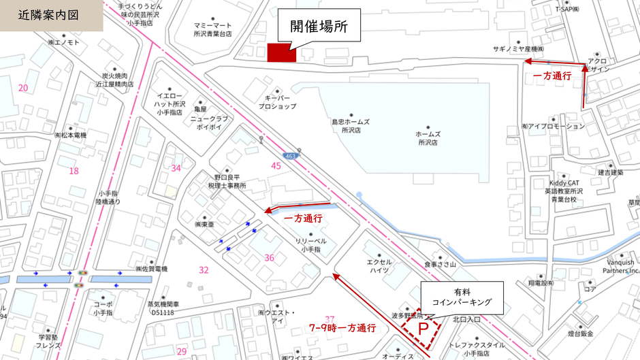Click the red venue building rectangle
(281, 52)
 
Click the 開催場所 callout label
(319, 28)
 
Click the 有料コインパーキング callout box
(462, 297)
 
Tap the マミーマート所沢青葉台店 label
(213, 28)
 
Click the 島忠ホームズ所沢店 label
(351, 125)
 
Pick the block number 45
(276, 165)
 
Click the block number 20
(23, 88)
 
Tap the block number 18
(74, 171)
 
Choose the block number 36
(270, 257)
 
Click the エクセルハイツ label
(379, 265)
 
